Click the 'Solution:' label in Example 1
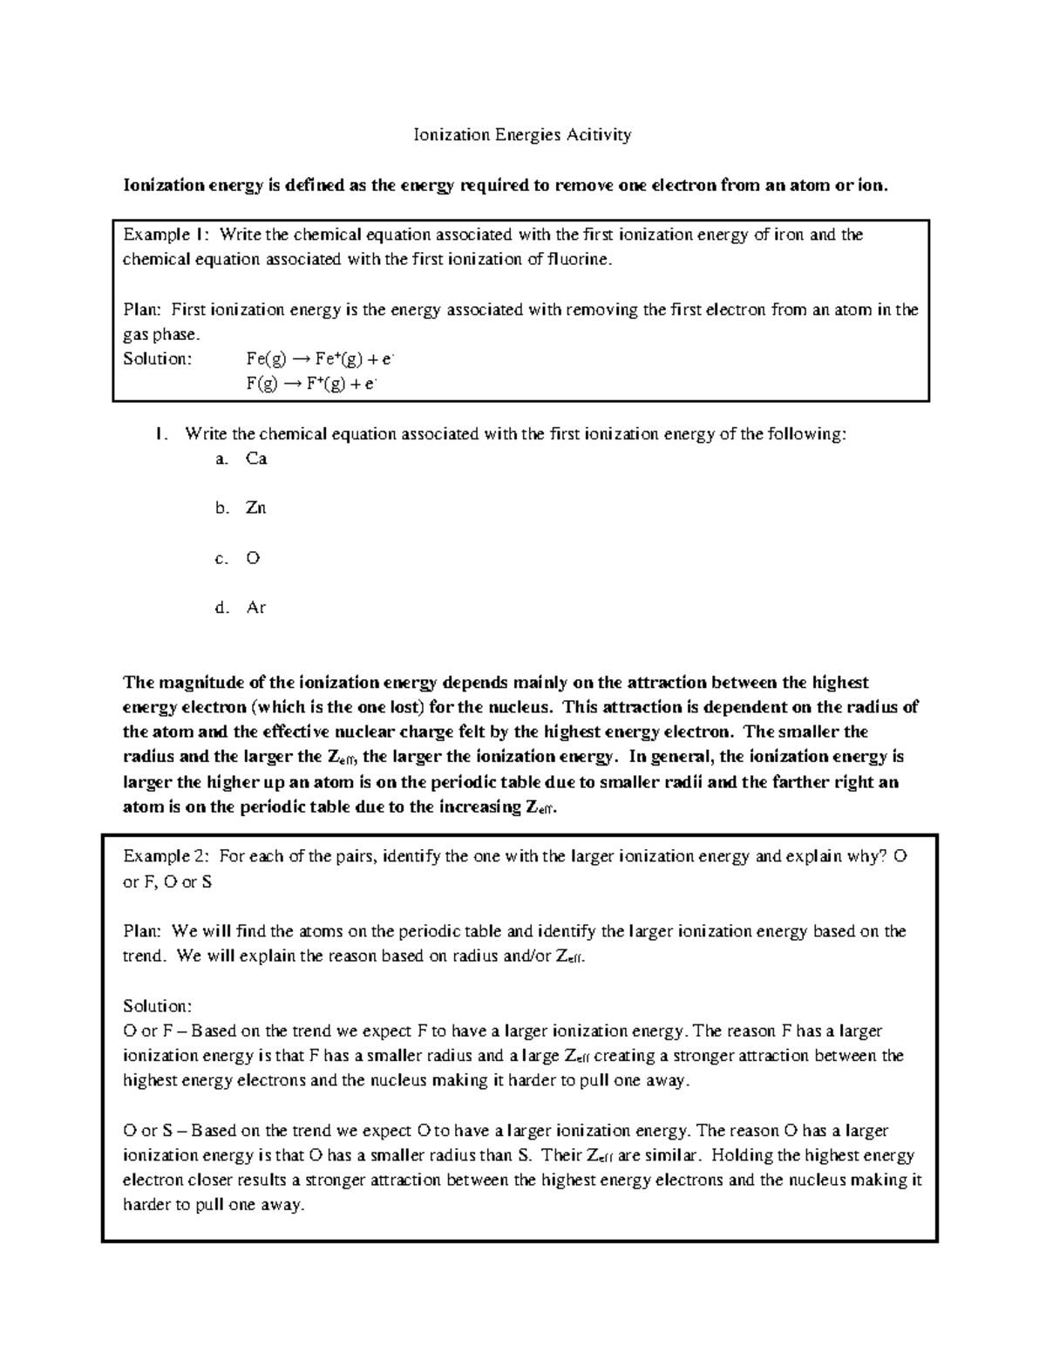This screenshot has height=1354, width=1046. [x=157, y=358]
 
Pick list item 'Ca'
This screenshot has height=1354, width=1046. [x=256, y=459]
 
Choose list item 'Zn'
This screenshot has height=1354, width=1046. [x=255, y=507]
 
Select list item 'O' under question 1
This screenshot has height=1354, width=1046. [x=253, y=558]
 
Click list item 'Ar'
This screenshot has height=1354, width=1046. [x=255, y=608]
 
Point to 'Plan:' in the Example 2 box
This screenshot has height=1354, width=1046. [x=142, y=931]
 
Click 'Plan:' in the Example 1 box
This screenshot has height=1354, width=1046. [x=142, y=310]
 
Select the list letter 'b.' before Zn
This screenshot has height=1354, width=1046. [x=222, y=508]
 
